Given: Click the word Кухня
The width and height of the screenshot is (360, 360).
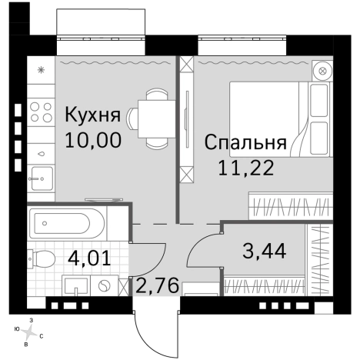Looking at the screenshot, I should click(92, 116).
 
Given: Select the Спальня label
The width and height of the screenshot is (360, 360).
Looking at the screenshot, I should click(245, 143).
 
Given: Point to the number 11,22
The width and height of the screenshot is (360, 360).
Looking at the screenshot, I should click(245, 167).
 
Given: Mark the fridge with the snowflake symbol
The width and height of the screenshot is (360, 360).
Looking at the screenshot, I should click(40, 70).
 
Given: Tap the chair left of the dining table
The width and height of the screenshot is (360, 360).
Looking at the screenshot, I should click(132, 118).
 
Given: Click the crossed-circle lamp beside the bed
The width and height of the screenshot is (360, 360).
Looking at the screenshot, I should click(322, 71).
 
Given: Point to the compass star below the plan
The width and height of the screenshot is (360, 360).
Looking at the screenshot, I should click(30, 332).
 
